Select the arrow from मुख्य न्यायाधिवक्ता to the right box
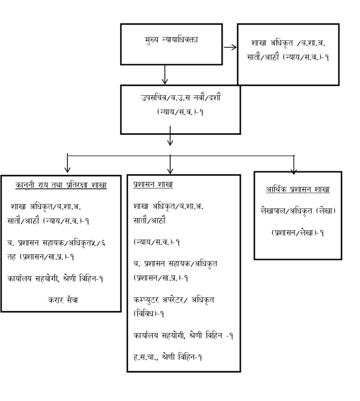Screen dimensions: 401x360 click(x=230, y=46)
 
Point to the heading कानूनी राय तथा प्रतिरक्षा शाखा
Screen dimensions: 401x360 click(x=61, y=185)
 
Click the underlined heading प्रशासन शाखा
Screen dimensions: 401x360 click(x=153, y=185)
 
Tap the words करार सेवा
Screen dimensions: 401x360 click(x=63, y=300)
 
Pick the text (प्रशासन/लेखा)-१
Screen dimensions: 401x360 click(x=298, y=232)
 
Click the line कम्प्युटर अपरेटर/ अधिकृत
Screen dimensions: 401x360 click(x=174, y=300)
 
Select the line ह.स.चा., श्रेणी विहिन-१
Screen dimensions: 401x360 click(x=168, y=357)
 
